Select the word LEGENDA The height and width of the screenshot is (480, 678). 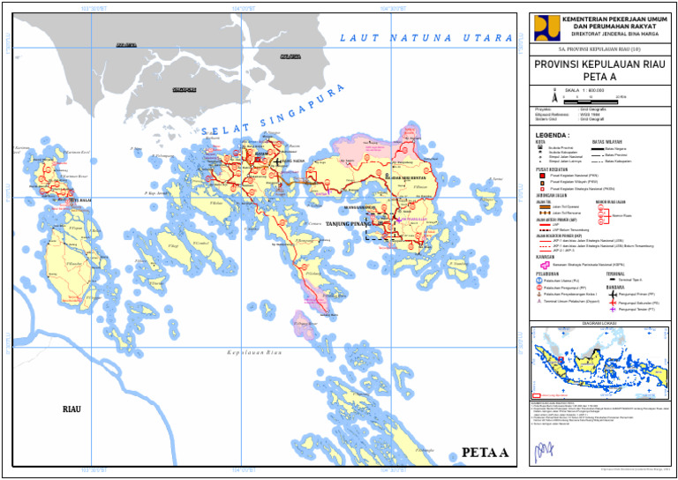coord(553,136)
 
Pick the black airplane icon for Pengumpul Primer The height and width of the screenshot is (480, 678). coord(612,294)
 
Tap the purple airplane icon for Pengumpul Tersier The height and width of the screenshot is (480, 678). coord(612,310)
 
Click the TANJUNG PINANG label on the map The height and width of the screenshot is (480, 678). coord(351,224)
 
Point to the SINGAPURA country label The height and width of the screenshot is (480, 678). coord(184,90)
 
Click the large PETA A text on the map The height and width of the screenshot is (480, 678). coord(485,454)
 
